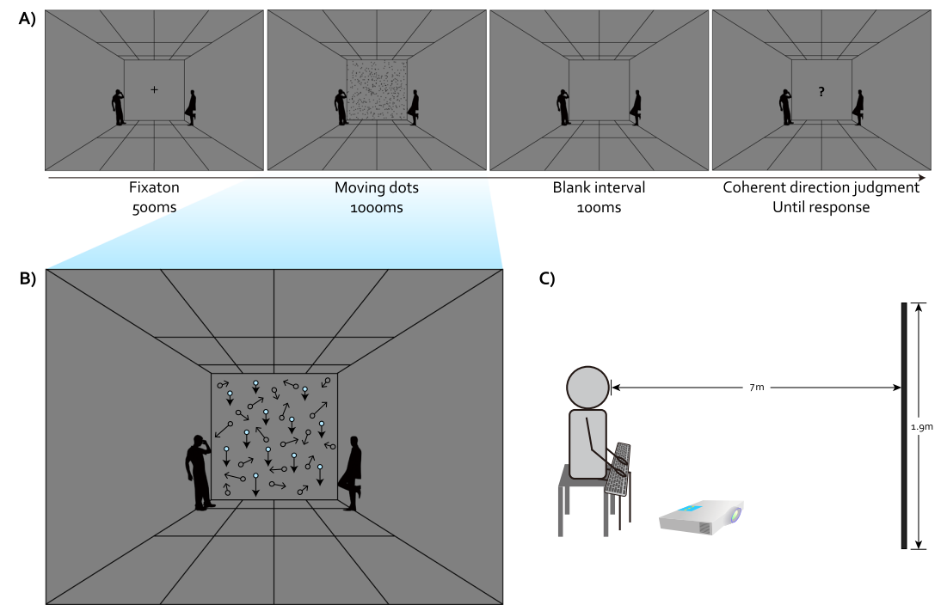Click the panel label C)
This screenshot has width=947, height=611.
(x=548, y=278)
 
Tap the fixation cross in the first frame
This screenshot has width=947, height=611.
(x=154, y=89)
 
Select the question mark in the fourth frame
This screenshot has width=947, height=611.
(x=821, y=91)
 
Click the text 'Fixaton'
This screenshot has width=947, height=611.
(x=154, y=188)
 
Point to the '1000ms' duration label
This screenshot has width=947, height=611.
(x=378, y=208)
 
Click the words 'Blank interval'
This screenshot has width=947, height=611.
(x=599, y=188)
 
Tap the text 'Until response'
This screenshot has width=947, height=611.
(x=821, y=208)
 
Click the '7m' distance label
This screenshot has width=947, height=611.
(x=755, y=388)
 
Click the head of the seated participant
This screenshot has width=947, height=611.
(x=587, y=388)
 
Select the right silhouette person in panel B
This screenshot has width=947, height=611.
(x=352, y=474)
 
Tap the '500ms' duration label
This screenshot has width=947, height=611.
(x=154, y=208)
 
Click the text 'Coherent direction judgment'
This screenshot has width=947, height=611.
(x=821, y=188)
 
